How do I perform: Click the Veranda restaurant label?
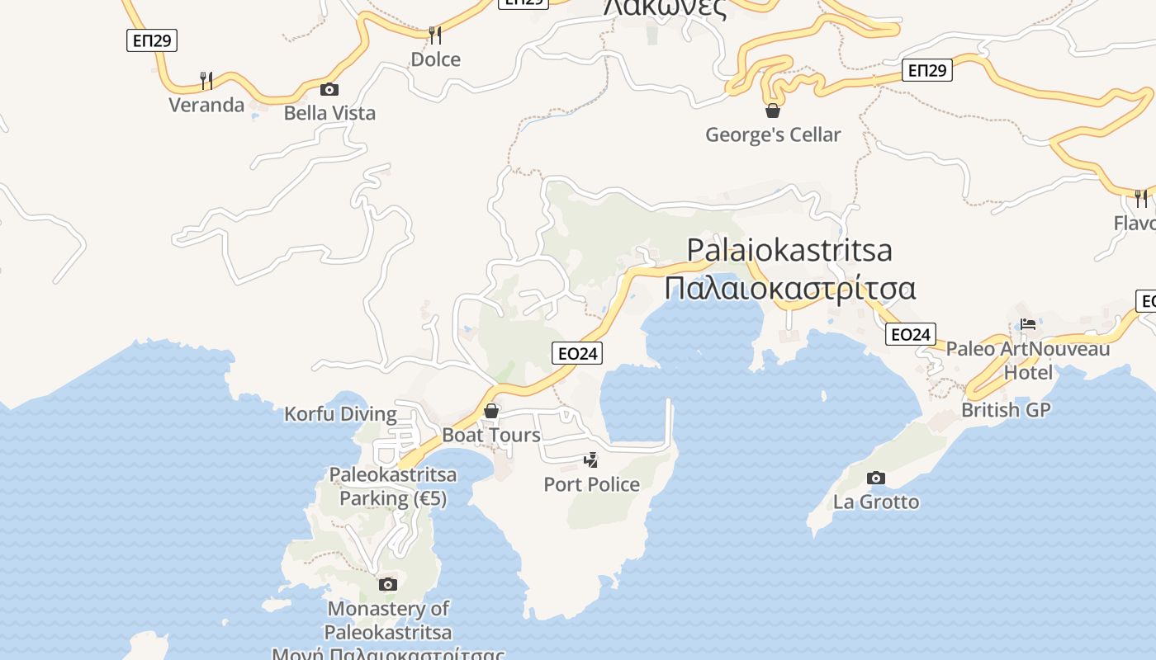pos(206,105)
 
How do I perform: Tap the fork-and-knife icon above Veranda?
pos(206,80)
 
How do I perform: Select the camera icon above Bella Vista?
pos(329,89)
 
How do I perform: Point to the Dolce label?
pos(435,59)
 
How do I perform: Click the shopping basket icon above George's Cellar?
pos(773,110)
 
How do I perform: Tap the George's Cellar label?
pos(773,134)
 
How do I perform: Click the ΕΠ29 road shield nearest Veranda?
pos(152,40)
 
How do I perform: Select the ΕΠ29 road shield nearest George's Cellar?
pos(926,70)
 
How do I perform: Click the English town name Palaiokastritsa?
pos(789,249)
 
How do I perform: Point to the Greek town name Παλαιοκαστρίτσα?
pos(789,289)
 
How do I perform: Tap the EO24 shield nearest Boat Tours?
pos(577,353)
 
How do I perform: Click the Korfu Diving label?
pos(340,413)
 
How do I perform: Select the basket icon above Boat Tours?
pos(491,410)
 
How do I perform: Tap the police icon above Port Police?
pos(590,460)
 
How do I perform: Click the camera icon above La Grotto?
pos(876,478)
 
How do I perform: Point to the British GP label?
pos(1006,409)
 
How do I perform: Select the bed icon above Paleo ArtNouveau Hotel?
pos(1028,324)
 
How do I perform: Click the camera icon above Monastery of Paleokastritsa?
pos(387,584)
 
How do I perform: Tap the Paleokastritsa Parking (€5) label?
pos(393,487)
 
